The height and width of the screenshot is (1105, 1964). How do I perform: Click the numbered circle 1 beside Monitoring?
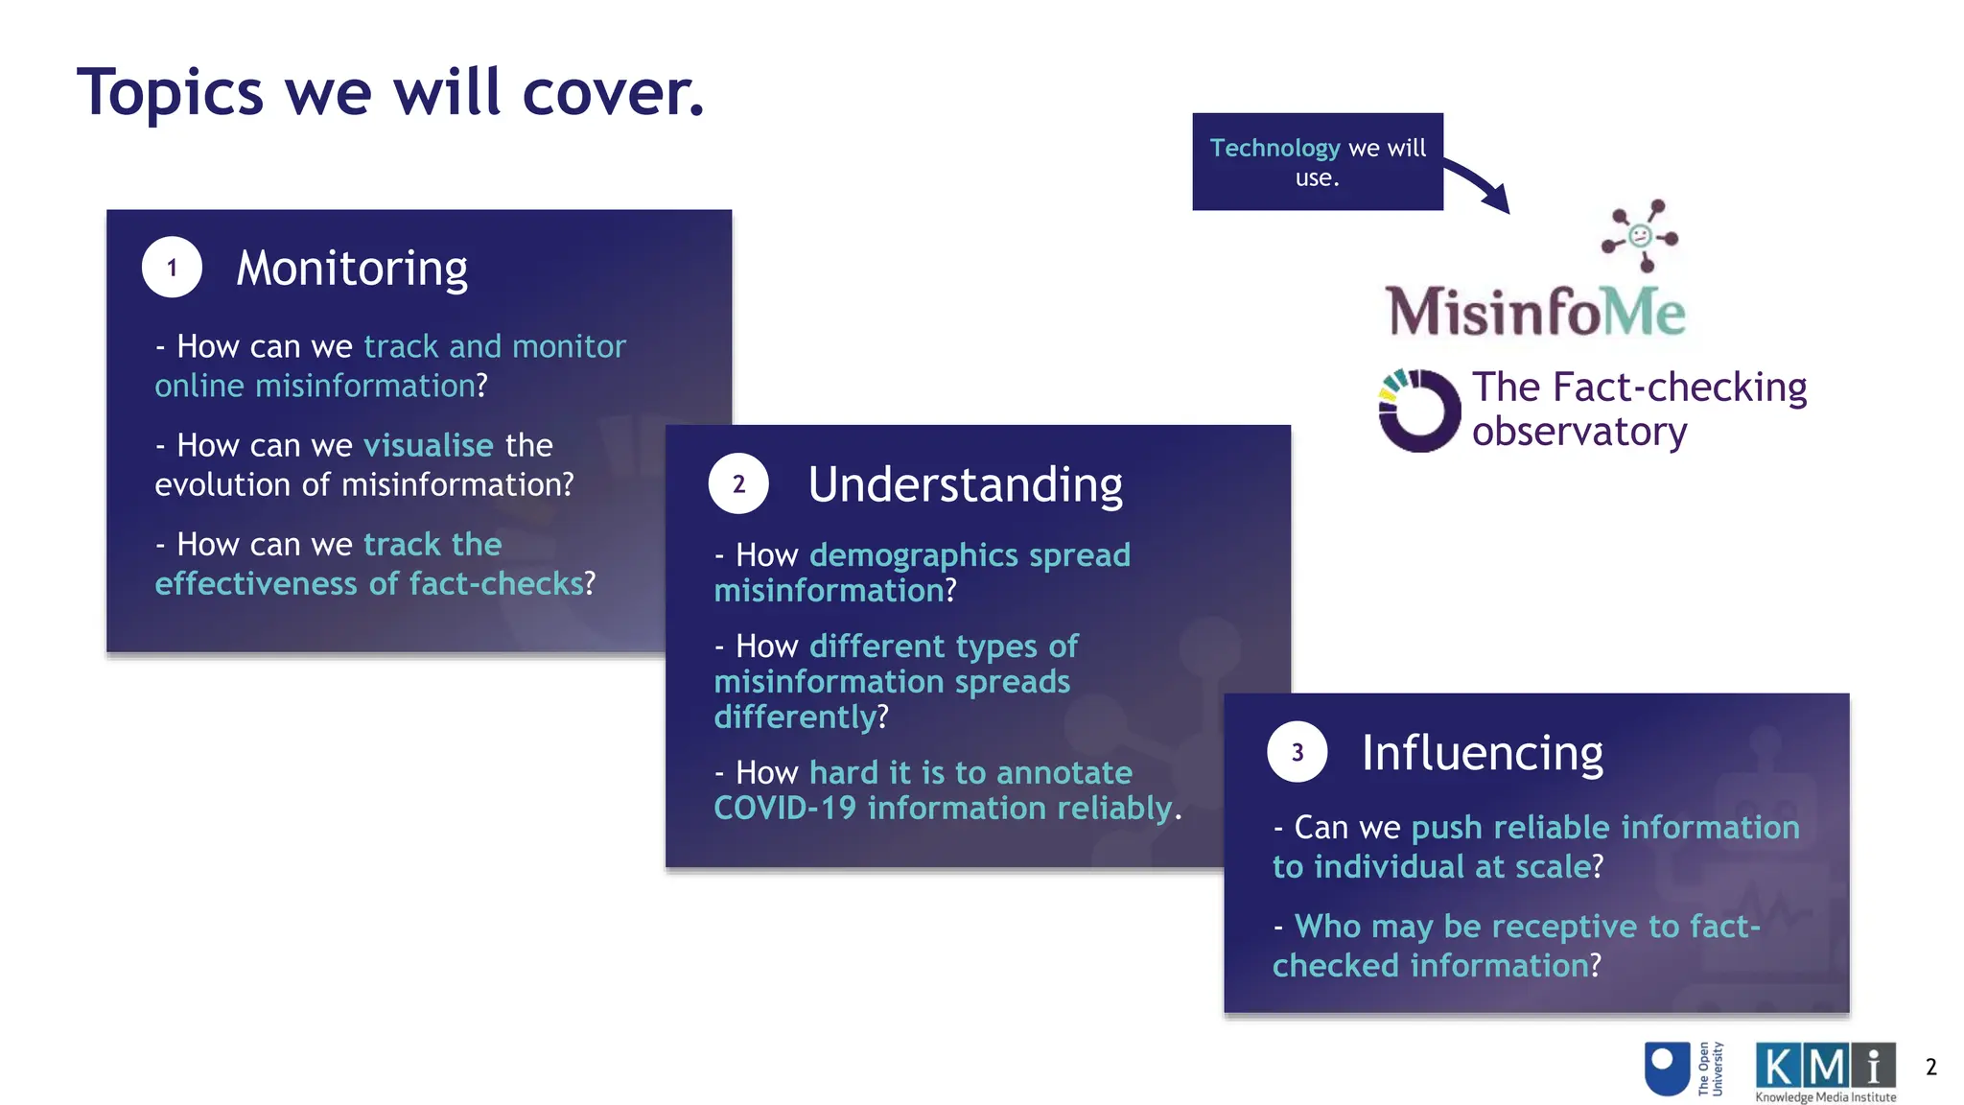[172, 268]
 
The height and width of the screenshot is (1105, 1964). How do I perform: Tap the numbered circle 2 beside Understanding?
[738, 484]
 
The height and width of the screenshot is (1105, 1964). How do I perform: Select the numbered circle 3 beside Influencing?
[1297, 752]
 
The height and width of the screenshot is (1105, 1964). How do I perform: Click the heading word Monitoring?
[352, 269]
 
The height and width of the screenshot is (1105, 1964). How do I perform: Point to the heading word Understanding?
[965, 484]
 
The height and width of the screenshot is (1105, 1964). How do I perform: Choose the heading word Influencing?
[1482, 753]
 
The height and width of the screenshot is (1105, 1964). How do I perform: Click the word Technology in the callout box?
[1274, 148]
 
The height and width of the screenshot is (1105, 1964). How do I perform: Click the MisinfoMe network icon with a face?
[1640, 235]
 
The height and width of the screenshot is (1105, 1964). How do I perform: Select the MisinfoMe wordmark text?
[1535, 312]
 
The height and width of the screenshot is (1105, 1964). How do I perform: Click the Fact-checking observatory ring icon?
[1418, 411]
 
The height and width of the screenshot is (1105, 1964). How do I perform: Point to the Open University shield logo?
[1667, 1068]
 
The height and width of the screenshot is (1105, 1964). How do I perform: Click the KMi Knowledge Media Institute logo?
[1825, 1071]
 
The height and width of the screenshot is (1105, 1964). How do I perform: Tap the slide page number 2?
[1930, 1067]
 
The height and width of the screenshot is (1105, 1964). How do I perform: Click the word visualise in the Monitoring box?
[429, 445]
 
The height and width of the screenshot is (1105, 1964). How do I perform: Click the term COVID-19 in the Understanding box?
[784, 809]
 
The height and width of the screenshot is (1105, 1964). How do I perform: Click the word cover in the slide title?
[613, 93]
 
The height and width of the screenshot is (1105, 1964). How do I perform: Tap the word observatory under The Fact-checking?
[1578, 432]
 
